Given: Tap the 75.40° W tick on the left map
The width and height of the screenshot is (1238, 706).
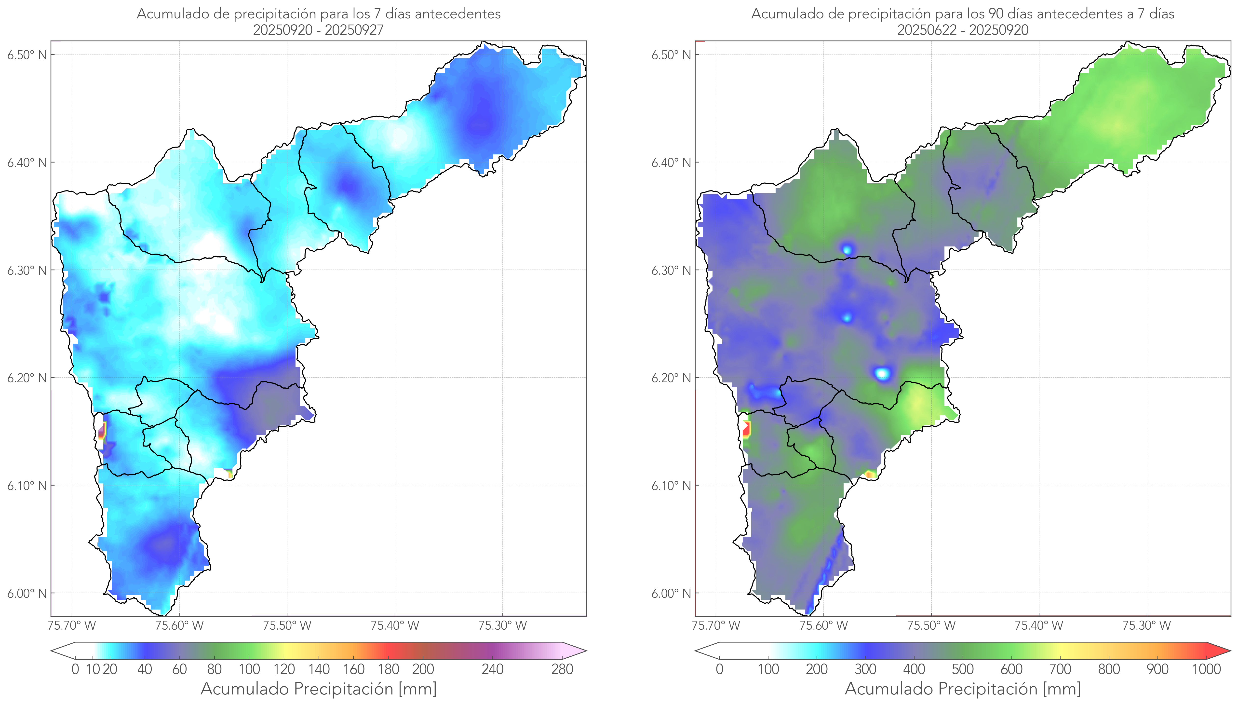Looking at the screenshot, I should [x=395, y=625].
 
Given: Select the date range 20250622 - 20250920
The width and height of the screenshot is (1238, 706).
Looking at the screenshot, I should [x=963, y=30].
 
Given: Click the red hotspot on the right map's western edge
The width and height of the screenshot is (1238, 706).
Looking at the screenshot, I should [x=746, y=429].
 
